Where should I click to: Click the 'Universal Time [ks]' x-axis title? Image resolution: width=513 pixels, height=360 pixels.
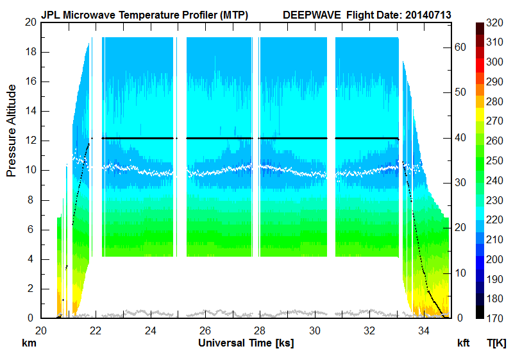tap(246, 343)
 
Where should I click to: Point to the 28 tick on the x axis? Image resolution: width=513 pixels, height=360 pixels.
tap(260, 330)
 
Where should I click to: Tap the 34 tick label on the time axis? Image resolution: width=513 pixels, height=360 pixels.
tap(425, 330)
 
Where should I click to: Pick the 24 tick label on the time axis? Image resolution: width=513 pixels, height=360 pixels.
tap(150, 330)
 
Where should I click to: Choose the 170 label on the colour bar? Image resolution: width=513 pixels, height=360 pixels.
tap(494, 318)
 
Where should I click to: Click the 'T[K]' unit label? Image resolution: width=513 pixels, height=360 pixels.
tap(496, 344)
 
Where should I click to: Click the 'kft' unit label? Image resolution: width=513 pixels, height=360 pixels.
tap(464, 344)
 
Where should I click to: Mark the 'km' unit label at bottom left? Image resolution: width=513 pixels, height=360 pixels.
tap(29, 344)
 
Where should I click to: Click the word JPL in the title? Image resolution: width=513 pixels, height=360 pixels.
tap(51, 14)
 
